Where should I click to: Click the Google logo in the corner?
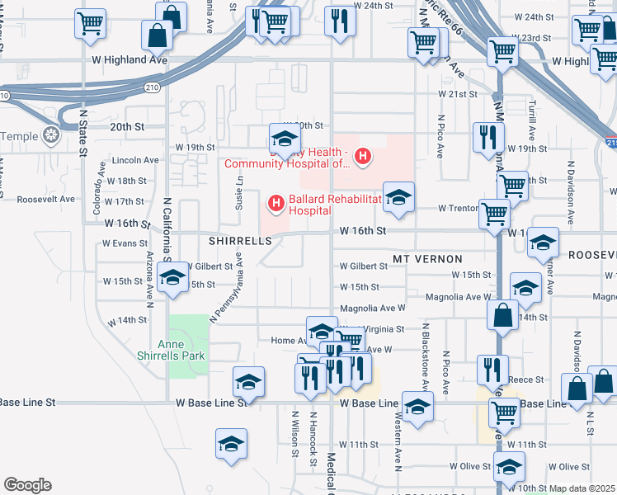[27, 485]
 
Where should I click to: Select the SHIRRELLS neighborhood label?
[240, 240]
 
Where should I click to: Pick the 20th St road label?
[127, 126]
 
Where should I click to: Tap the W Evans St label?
[125, 243]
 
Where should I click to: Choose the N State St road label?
[82, 132]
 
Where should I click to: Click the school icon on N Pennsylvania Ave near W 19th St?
[283, 139]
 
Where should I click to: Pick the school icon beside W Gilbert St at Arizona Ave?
[172, 278]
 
